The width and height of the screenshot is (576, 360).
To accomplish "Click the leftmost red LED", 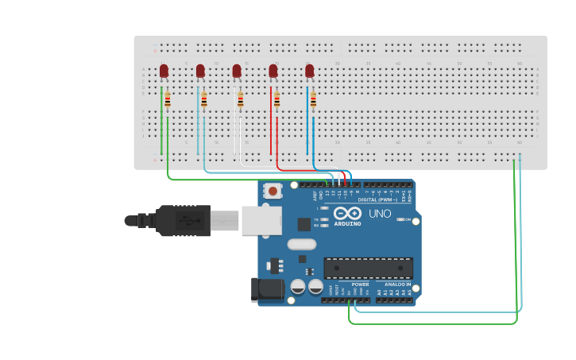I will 164,72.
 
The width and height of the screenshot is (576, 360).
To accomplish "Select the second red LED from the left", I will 200,72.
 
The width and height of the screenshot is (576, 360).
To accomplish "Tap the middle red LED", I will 237,72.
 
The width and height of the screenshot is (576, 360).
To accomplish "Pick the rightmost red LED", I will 309,72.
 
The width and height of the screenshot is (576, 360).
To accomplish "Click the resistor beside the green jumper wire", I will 168,100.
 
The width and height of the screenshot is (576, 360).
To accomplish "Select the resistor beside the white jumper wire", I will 241,100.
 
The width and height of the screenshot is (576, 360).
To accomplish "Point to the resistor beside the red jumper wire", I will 276,100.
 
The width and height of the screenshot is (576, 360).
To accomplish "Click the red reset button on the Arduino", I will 273,191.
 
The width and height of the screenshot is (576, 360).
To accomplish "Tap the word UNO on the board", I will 380,213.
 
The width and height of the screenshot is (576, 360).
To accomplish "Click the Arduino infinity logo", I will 347,213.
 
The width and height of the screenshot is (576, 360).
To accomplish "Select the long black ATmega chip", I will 368,269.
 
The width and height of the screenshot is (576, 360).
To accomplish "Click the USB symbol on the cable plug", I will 184,220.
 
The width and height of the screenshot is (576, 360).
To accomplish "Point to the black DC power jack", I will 267,289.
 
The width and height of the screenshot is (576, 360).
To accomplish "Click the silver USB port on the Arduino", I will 261,220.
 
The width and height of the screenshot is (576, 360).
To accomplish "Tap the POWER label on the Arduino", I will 360,284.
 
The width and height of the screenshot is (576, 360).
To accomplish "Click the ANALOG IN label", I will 397,284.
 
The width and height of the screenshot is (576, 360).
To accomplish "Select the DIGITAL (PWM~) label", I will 378,199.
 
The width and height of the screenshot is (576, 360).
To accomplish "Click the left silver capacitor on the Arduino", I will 299,287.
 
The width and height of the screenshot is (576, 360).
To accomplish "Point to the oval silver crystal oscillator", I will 302,245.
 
